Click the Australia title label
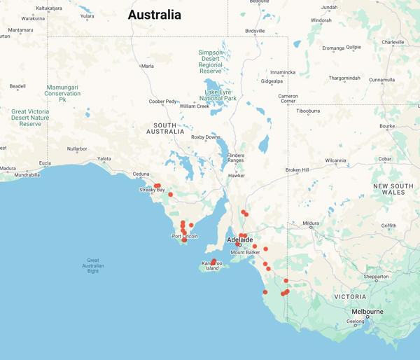(154, 15)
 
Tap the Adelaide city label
(241, 240)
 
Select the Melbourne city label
(367, 311)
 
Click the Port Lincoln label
(185, 237)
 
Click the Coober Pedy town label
(162, 102)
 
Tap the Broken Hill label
(297, 170)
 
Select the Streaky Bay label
(152, 190)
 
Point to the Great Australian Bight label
(93, 265)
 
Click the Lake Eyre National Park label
(220, 95)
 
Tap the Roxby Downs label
(206, 137)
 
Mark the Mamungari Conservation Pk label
(63, 93)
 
